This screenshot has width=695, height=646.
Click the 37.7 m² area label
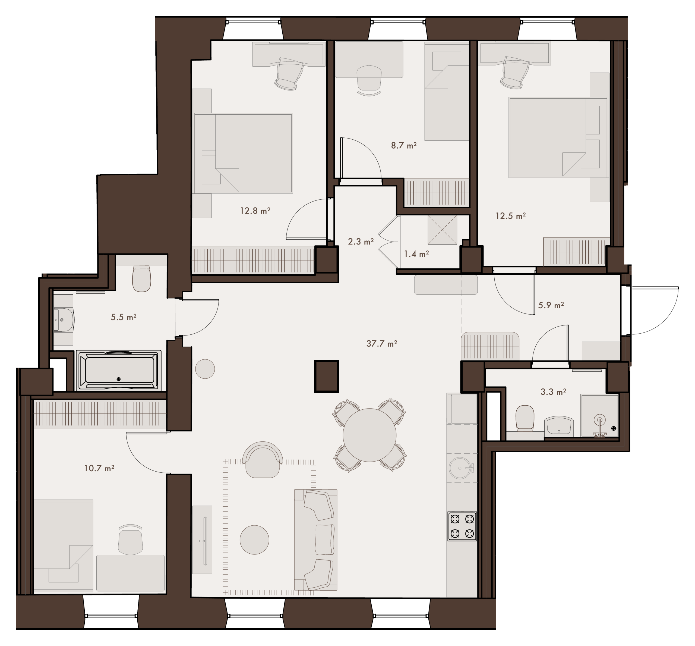tap(381, 344)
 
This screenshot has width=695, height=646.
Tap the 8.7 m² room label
tap(404, 145)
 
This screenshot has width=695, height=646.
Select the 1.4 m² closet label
tap(416, 254)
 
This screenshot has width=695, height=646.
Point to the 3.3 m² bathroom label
tap(554, 392)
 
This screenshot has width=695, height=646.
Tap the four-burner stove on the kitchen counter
tap(462, 526)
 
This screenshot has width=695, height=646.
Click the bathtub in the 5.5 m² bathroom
tap(118, 370)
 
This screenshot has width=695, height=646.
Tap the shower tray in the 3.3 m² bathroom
tap(599, 416)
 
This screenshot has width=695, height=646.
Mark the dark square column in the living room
tap(326, 377)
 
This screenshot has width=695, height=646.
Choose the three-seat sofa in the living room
tap(315, 540)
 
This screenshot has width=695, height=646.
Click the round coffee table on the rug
tap(254, 540)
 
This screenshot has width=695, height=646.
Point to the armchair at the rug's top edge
tap(263, 460)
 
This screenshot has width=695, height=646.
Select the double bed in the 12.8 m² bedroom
tap(243, 153)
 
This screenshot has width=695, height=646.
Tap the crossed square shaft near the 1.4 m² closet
tap(442, 230)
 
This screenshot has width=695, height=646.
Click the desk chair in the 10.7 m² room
tap(130, 540)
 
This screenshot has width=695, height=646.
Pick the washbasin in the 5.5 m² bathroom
tap(64, 319)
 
